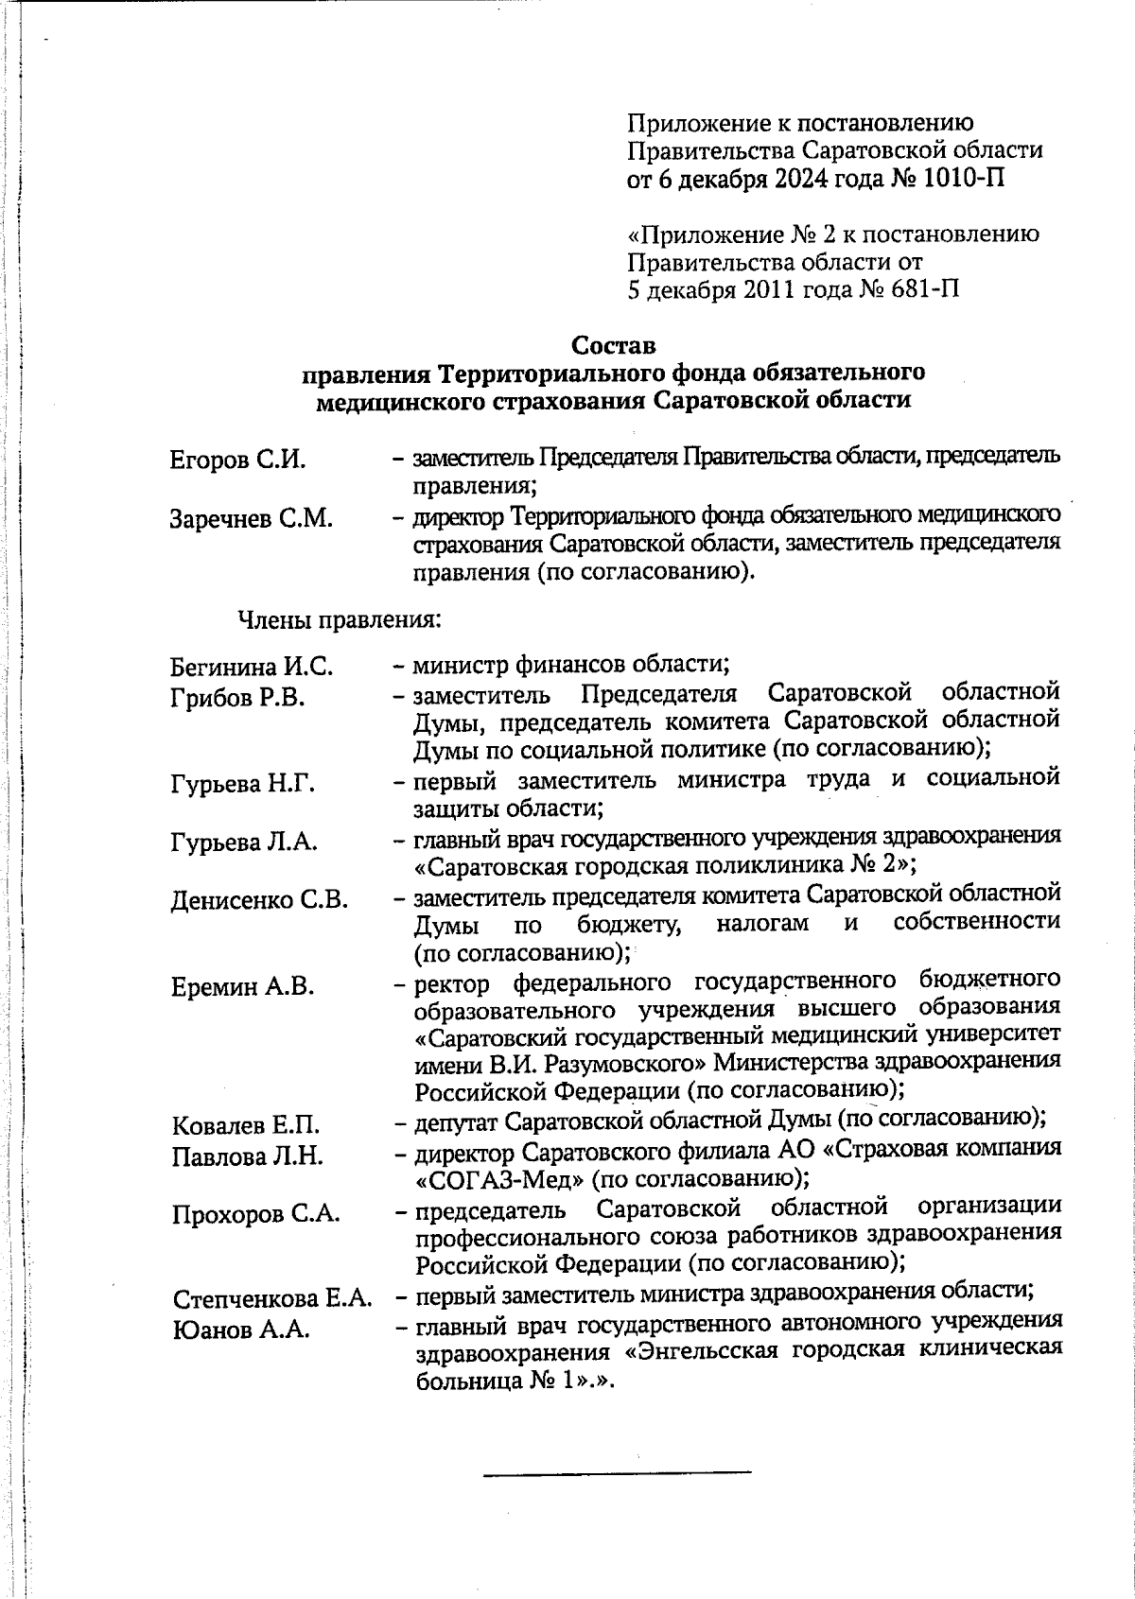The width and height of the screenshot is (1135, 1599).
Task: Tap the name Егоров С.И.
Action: [x=237, y=461]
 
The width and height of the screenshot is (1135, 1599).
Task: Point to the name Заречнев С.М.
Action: [x=252, y=519]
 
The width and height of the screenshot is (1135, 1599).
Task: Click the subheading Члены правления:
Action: [x=338, y=620]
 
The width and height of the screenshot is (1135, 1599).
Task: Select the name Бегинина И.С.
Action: [x=252, y=668]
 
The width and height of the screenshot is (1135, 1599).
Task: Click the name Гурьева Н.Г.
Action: [x=243, y=784]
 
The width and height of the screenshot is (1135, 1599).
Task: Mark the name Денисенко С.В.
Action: [x=259, y=900]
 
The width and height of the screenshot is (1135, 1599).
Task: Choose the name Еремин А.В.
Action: [x=242, y=987]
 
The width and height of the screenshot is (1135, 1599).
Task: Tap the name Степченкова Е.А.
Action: [x=271, y=1299]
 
